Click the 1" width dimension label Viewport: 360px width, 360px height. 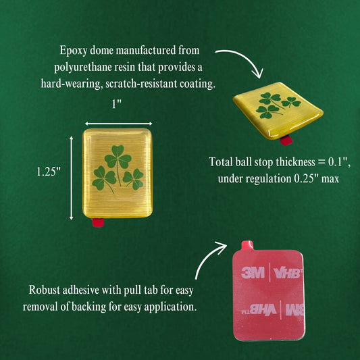116,104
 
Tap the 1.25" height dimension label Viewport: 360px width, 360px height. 49,172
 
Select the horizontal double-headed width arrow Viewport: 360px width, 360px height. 118,124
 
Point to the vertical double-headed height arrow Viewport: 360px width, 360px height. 71,178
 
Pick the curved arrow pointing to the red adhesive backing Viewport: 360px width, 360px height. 205,256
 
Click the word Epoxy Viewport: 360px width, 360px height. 73,51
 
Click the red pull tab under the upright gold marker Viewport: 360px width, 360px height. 98,222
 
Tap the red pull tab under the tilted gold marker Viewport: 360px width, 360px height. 286,140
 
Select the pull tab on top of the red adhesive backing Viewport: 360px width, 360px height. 247,245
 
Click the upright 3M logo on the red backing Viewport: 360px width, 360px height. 253,273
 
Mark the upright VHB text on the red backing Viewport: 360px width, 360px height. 288,273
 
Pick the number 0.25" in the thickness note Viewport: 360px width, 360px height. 307,178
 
